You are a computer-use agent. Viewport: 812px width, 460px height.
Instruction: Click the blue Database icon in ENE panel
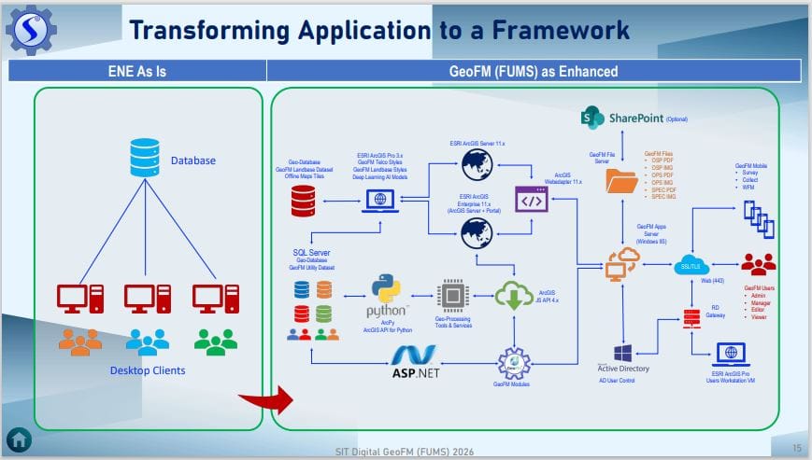click(145, 160)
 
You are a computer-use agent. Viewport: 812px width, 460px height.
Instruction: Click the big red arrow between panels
click(264, 401)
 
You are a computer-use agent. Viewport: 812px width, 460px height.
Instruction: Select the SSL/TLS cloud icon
click(692, 266)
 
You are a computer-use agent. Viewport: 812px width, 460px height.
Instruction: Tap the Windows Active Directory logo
click(622, 354)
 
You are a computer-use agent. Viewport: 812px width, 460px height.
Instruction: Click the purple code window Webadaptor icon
click(530, 200)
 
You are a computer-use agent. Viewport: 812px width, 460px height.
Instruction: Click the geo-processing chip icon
click(452, 296)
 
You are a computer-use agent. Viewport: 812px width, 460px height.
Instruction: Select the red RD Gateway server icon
click(691, 317)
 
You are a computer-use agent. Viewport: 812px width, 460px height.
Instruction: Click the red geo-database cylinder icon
click(303, 200)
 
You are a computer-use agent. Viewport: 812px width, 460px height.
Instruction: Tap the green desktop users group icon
click(216, 342)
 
